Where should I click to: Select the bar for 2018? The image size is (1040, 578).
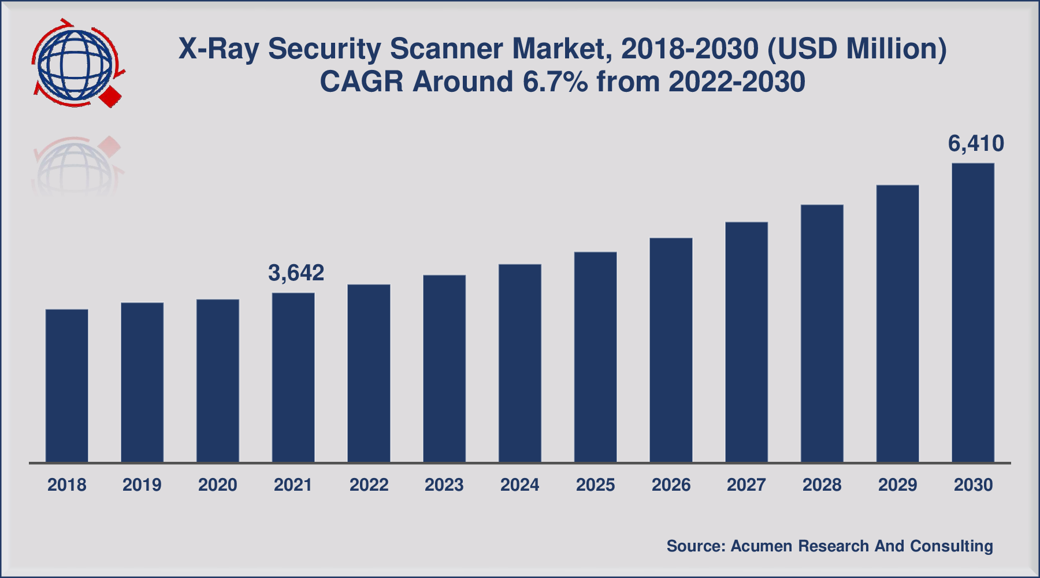(x=67, y=386)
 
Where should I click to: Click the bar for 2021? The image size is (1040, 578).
(x=294, y=377)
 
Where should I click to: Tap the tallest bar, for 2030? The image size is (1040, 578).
(x=973, y=313)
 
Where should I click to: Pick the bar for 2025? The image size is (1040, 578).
(x=596, y=357)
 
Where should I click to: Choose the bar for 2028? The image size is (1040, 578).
(x=822, y=334)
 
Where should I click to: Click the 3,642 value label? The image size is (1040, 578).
(x=296, y=273)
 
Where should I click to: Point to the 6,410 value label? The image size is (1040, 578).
(x=976, y=143)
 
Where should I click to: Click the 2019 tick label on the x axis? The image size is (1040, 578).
(x=142, y=484)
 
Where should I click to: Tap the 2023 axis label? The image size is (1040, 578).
(x=444, y=484)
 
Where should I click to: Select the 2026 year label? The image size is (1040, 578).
(x=671, y=484)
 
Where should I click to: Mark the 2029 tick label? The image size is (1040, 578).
(x=897, y=484)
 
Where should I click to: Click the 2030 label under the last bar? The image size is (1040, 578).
(x=973, y=484)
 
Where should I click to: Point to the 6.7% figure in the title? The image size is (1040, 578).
(x=555, y=81)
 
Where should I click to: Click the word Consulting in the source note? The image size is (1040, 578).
(x=951, y=546)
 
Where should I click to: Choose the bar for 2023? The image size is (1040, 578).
(x=444, y=369)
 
